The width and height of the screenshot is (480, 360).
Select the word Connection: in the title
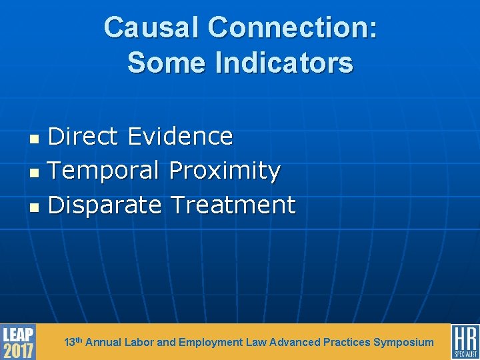click(292, 28)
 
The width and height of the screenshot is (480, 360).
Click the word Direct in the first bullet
click(84, 136)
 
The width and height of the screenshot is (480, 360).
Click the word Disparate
click(105, 205)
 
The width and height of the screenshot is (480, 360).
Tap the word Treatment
click(232, 205)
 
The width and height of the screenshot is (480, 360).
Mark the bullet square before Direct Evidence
click(38, 139)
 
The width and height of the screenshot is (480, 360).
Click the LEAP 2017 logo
click(18, 342)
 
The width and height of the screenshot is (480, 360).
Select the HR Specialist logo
click(465, 342)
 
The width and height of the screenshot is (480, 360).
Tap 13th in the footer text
click(73, 342)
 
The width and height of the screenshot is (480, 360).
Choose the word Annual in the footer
click(103, 342)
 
